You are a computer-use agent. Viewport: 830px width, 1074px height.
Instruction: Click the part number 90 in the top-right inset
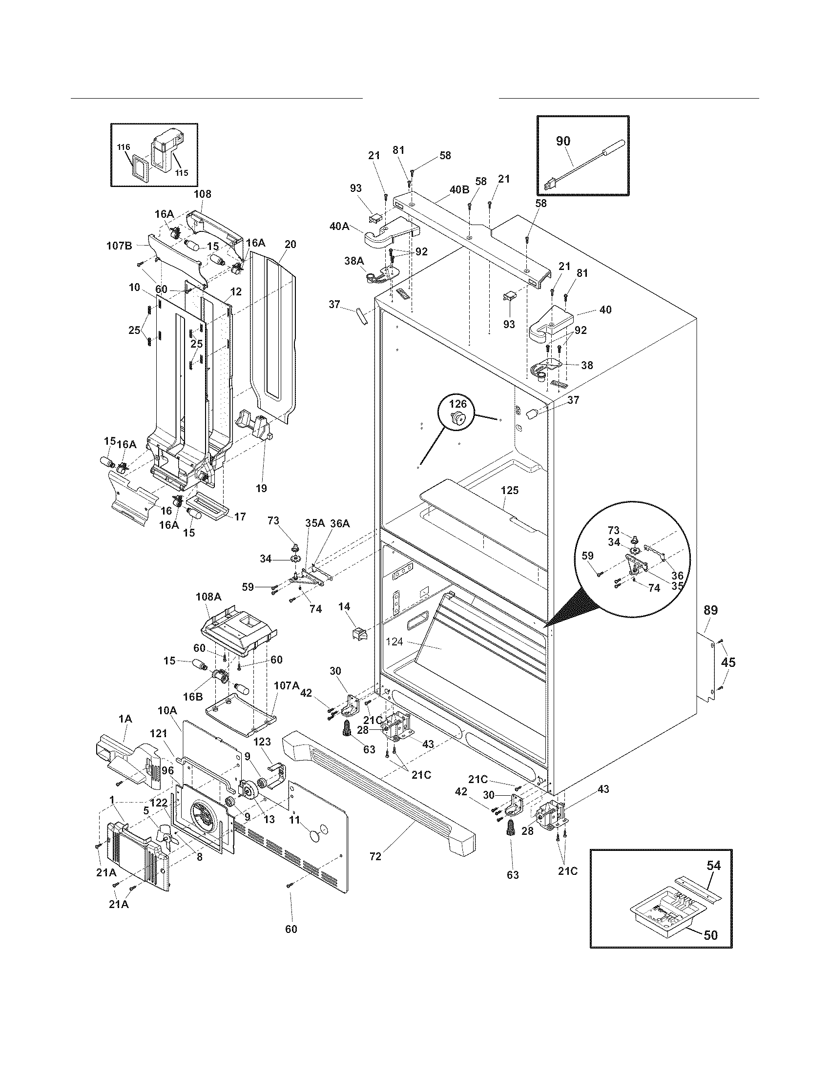(563, 141)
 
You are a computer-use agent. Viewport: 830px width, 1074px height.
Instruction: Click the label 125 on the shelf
(509, 490)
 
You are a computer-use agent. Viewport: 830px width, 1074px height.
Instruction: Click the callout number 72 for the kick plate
(375, 856)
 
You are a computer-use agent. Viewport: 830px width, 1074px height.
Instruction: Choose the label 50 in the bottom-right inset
(710, 934)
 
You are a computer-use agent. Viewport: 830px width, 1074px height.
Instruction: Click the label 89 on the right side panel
(710, 610)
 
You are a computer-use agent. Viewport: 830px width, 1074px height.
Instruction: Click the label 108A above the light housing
(208, 597)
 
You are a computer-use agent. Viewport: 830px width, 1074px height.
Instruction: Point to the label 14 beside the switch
(344, 607)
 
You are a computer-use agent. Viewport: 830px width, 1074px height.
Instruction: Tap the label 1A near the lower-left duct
(125, 719)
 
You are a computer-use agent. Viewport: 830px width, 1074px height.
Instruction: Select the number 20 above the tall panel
(290, 244)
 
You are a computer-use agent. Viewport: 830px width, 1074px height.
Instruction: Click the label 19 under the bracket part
(261, 488)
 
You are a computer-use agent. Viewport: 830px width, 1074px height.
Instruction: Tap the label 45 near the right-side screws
(728, 662)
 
